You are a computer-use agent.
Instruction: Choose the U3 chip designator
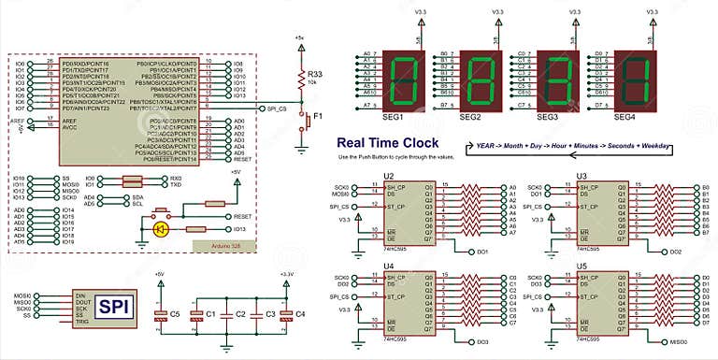582,176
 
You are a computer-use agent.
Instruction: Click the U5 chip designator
582,267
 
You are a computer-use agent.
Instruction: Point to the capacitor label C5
174,314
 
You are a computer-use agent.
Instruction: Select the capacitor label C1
210,314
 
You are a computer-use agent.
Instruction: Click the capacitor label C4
300,314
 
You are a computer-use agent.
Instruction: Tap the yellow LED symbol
161,228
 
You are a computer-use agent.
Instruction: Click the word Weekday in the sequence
671,147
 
